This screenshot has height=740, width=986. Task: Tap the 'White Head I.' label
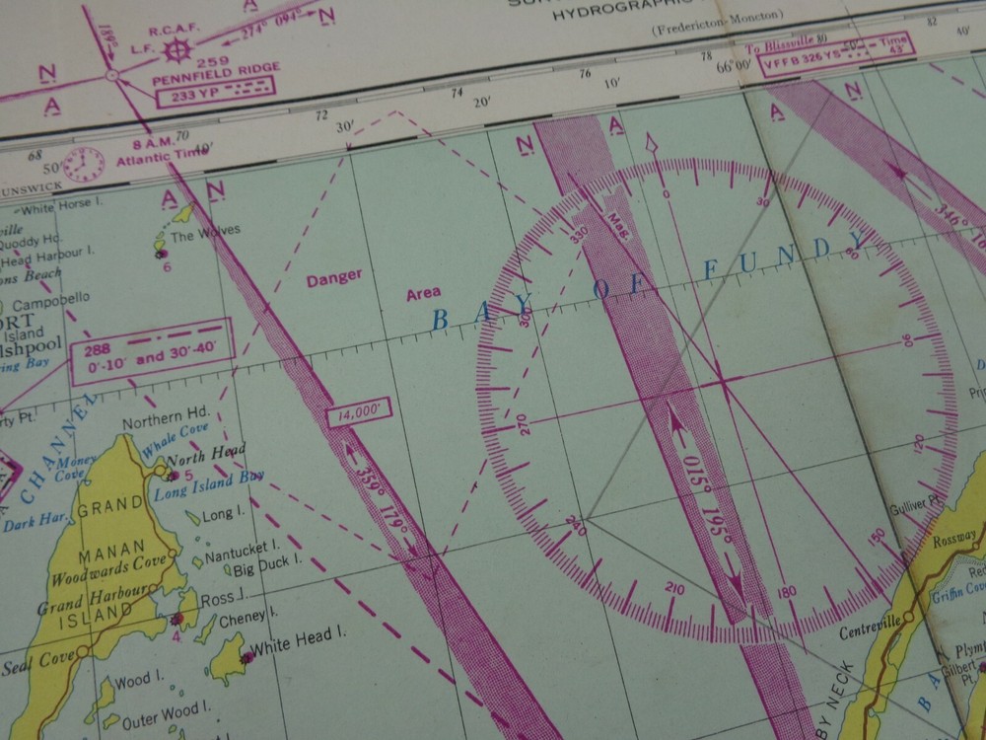290,650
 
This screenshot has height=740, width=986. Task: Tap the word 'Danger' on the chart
333,279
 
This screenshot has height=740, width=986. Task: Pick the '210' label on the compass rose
675,589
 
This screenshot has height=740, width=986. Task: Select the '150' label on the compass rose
876,536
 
